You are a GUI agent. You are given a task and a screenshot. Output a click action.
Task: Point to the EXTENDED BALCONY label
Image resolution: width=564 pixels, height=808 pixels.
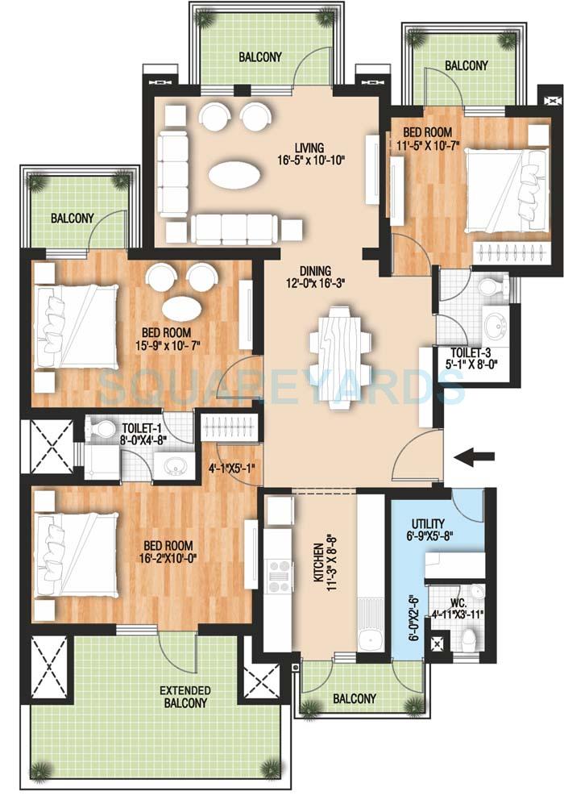point(185,697)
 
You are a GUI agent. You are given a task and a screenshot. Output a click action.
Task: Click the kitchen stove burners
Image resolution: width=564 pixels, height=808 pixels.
point(280,575)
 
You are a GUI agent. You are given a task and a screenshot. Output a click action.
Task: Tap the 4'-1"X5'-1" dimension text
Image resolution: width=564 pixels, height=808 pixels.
point(232,466)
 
